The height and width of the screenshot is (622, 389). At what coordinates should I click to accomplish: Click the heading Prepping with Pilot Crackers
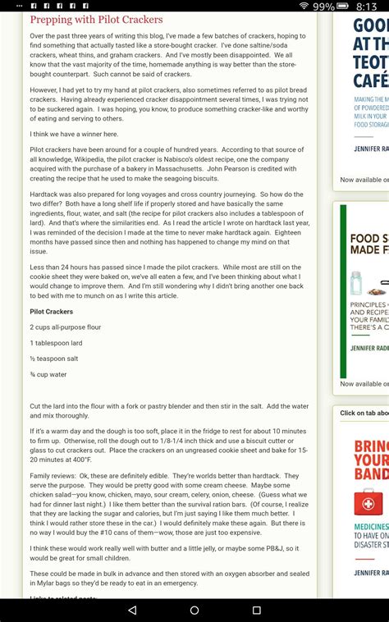(x=96, y=19)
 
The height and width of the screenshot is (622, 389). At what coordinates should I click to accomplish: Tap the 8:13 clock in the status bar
(x=366, y=6)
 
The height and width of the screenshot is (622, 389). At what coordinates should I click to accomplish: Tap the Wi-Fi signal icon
(x=304, y=6)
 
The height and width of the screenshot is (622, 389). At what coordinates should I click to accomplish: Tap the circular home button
(x=194, y=611)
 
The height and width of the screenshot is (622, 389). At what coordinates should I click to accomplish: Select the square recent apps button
(x=256, y=611)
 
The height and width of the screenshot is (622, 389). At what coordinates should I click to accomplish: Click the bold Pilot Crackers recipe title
(x=51, y=312)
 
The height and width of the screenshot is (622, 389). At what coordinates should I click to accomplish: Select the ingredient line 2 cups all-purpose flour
(x=65, y=327)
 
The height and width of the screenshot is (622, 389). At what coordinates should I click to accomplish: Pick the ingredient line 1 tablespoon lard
(x=57, y=342)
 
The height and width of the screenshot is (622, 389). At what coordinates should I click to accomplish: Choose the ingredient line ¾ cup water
(x=48, y=373)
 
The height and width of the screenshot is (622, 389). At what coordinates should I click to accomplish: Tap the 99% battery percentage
(x=323, y=6)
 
